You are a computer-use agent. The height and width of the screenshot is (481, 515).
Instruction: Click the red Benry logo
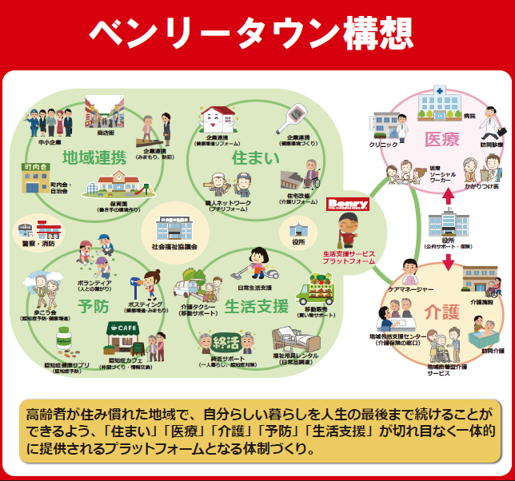pyautogui.click(x=348, y=205)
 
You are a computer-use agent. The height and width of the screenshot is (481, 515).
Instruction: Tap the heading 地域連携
pyautogui.click(x=94, y=157)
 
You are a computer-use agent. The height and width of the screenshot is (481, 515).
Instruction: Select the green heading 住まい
pyautogui.click(x=249, y=157)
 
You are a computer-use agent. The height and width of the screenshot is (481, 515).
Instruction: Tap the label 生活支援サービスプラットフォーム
pyautogui.click(x=349, y=257)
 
